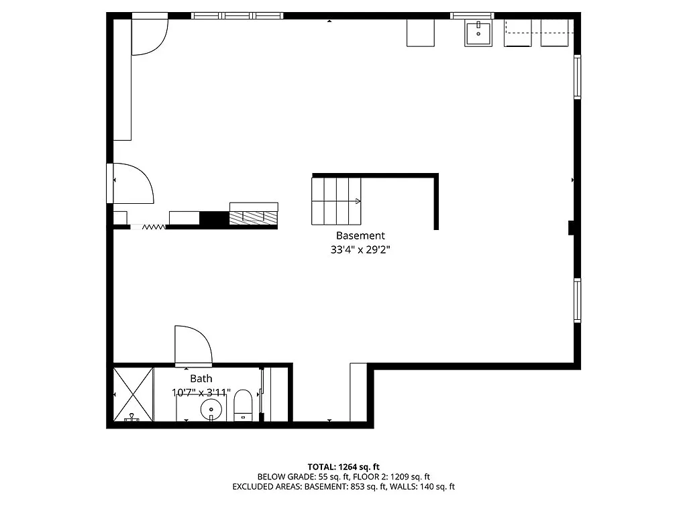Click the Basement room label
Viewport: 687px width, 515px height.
click(x=360, y=235)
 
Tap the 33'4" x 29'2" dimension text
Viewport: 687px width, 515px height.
click(x=360, y=249)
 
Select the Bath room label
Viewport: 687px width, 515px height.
click(x=201, y=379)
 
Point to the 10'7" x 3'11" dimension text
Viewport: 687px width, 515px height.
click(x=201, y=392)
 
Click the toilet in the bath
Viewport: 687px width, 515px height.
click(x=243, y=406)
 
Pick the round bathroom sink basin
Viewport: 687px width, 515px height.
click(x=211, y=407)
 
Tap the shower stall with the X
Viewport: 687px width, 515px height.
click(x=133, y=394)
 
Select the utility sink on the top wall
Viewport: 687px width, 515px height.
click(x=478, y=33)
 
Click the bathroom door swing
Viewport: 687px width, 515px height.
click(x=193, y=346)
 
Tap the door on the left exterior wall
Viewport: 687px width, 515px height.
click(x=131, y=182)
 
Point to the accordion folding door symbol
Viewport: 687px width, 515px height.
click(x=154, y=227)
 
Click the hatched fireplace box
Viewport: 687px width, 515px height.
click(x=254, y=217)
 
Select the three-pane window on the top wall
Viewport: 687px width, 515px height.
click(x=237, y=15)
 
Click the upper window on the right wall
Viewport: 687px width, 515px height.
click(x=577, y=78)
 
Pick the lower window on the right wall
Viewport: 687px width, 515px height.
click(x=577, y=300)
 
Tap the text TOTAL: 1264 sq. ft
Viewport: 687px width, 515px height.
click(x=343, y=467)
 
